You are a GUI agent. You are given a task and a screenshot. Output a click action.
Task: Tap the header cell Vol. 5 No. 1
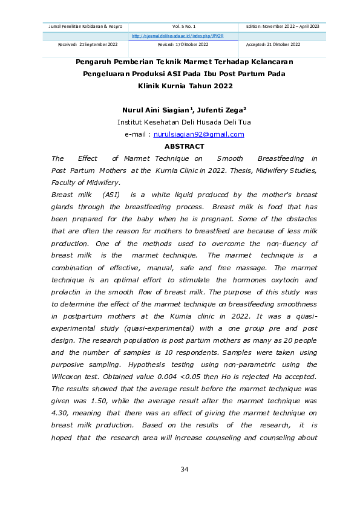184,27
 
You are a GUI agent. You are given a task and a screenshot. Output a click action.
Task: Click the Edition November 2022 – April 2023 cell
282,27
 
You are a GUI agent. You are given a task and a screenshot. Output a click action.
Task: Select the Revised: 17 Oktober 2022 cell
183,45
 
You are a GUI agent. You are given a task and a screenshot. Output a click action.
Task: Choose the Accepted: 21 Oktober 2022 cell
273,45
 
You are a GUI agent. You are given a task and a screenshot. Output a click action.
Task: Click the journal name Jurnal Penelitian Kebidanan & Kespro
85,27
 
